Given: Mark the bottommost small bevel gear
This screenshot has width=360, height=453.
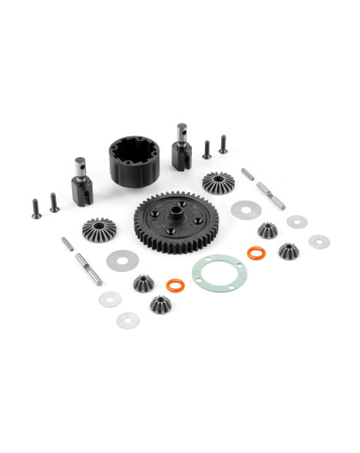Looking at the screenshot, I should (x=159, y=304).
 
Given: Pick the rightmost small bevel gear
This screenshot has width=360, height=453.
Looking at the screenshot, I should (x=287, y=251).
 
